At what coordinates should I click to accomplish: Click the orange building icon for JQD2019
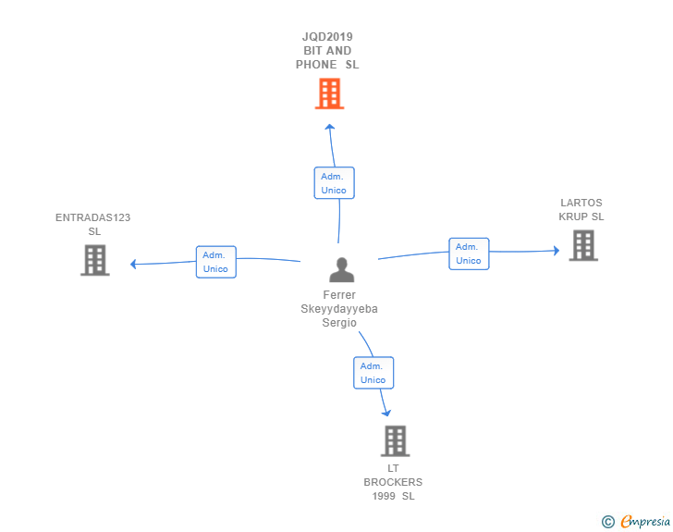coord(329,93)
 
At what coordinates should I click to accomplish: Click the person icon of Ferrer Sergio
coord(342,270)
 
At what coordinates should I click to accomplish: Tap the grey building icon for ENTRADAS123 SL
coord(95,260)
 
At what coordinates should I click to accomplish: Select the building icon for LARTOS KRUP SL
coord(582,245)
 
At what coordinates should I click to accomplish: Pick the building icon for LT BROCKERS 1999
coord(395,441)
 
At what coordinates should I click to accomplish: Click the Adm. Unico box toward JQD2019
coord(334,183)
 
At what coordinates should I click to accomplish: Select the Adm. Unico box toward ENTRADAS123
coord(215,262)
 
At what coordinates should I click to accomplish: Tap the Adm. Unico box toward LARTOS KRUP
coord(469,254)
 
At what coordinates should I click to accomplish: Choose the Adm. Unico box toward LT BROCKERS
coord(373,373)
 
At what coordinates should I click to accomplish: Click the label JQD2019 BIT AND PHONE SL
coord(327,51)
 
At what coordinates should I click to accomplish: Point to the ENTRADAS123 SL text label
coord(93,225)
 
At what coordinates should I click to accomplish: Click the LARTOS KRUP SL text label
coord(581,210)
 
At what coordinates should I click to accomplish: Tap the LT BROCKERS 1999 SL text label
coord(393,482)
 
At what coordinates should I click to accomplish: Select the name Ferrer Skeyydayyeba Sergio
coord(339,309)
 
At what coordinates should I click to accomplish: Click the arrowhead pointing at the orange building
coord(330,128)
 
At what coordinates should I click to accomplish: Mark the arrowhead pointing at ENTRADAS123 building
coord(134,264)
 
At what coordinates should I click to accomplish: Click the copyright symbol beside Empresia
coord(607,523)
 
